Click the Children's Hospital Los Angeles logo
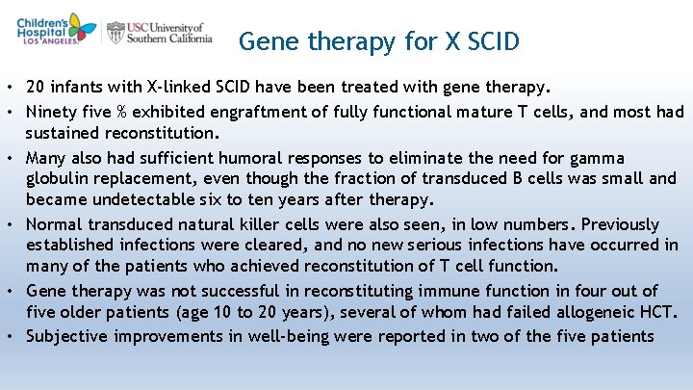coord(56,29)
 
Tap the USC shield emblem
coord(116,32)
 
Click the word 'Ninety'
coord(54,113)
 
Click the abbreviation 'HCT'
coord(661,312)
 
